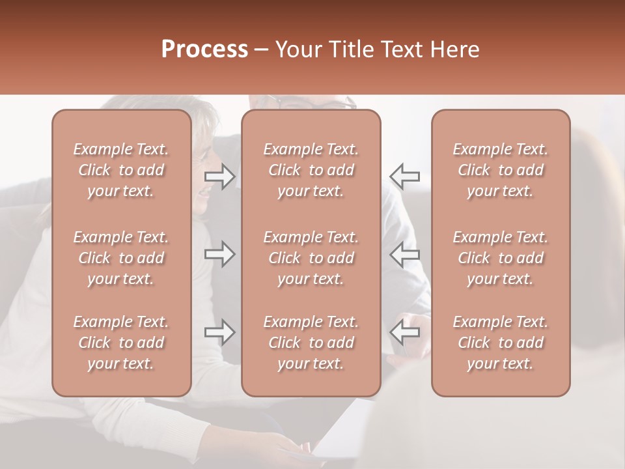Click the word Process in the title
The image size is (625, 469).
click(204, 50)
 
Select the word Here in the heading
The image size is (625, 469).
click(456, 50)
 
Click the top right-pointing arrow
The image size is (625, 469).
click(220, 176)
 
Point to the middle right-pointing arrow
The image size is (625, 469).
click(220, 254)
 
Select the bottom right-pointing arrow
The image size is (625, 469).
click(220, 332)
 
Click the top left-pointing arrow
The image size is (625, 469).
click(404, 176)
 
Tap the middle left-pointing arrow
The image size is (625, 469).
click(404, 254)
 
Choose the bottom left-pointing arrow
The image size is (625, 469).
click(404, 332)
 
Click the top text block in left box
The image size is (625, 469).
click(121, 170)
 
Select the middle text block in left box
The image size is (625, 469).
click(121, 258)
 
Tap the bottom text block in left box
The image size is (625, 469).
click(121, 343)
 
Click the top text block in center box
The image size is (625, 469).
click(311, 170)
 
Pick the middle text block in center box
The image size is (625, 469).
click(311, 258)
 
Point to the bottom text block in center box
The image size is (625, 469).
click(311, 343)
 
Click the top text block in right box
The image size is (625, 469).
click(500, 170)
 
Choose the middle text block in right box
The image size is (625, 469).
click(500, 258)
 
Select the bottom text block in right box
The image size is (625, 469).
click(500, 343)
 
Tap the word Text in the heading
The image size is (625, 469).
click(403, 50)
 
